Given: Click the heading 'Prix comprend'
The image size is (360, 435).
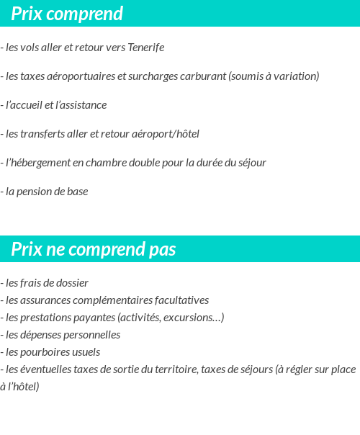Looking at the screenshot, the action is click(x=67, y=14).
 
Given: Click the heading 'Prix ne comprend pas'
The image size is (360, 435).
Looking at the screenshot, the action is click(x=94, y=249).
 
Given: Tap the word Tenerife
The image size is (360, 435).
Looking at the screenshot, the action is click(x=146, y=48).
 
